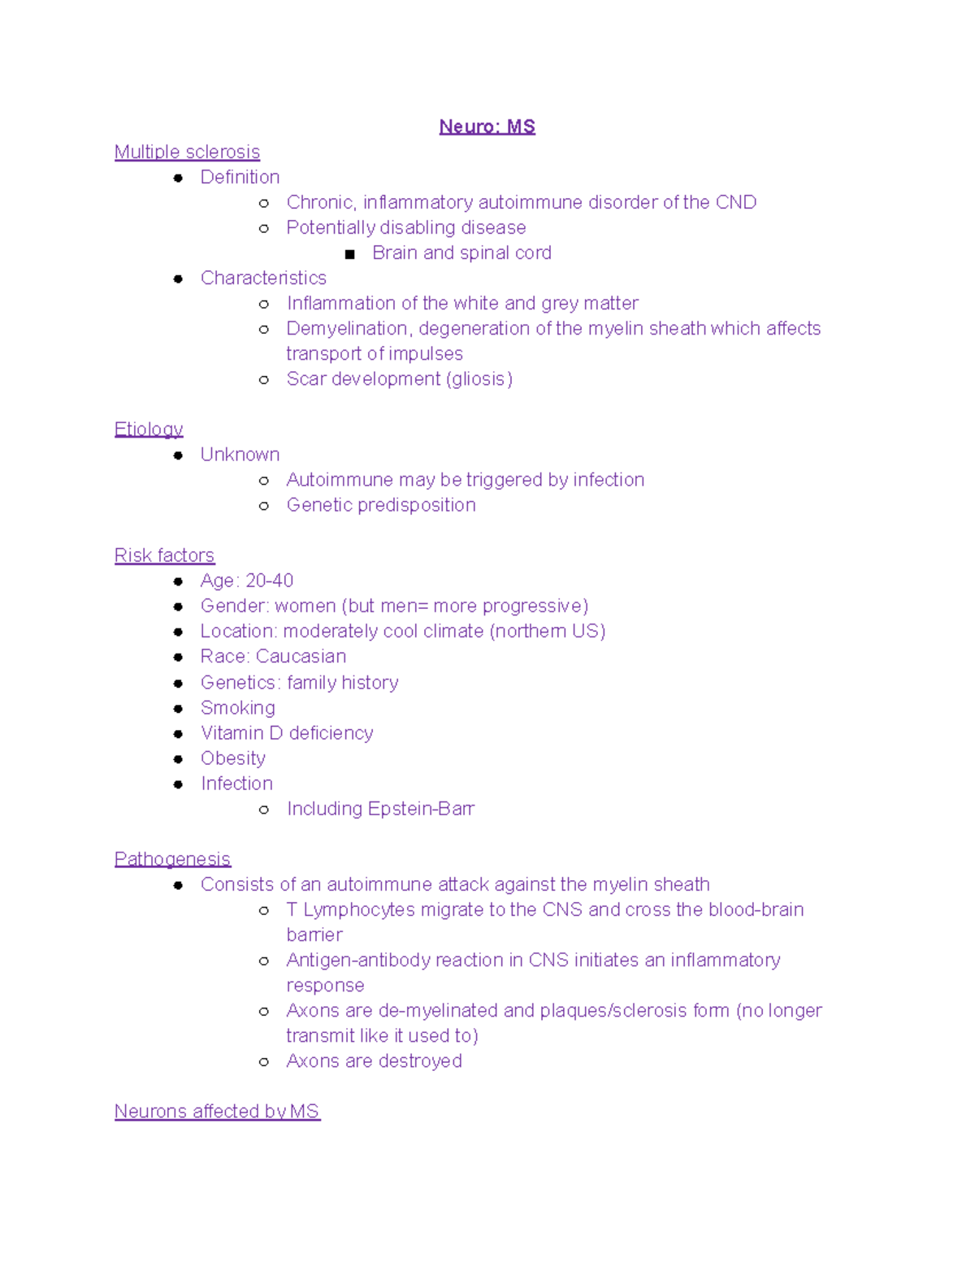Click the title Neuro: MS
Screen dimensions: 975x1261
click(487, 127)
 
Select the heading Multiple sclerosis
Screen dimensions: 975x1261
click(187, 152)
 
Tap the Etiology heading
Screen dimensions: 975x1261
click(149, 429)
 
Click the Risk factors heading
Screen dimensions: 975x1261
click(164, 555)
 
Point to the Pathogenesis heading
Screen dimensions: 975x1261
click(172, 859)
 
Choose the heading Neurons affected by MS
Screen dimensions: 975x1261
click(217, 1112)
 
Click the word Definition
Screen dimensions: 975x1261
click(240, 177)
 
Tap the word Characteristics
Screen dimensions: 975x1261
click(263, 278)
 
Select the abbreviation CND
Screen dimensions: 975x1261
click(735, 202)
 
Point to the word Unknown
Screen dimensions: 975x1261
click(240, 455)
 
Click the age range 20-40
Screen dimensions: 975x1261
click(269, 581)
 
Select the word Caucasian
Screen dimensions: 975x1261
click(301, 656)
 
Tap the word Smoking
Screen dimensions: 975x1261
click(237, 708)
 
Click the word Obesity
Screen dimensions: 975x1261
click(233, 758)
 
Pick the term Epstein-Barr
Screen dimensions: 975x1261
click(421, 809)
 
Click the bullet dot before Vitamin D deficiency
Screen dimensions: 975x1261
click(178, 734)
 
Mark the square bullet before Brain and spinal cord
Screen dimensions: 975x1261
click(350, 254)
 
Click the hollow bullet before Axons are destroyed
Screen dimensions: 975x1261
click(264, 1062)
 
